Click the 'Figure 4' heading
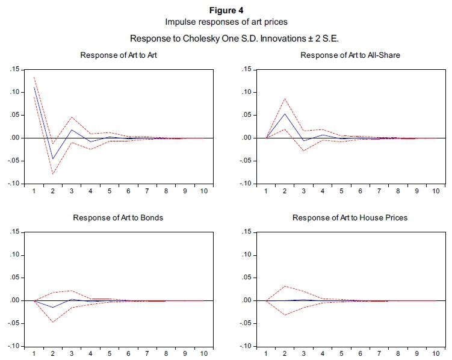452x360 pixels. click(x=226, y=11)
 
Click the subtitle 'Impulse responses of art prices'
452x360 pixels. click(x=226, y=22)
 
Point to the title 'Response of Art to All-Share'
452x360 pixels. click(x=350, y=55)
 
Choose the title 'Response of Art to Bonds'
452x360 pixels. click(x=118, y=217)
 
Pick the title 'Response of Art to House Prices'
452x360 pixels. click(x=350, y=217)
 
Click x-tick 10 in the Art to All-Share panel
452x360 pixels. click(x=435, y=191)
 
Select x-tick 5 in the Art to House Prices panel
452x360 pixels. click(x=342, y=354)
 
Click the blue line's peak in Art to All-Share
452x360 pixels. click(x=285, y=114)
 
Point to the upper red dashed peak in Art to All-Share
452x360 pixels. click(x=285, y=98)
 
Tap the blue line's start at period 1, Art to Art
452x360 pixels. click(x=34, y=88)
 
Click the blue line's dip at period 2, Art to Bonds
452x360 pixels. click(x=53, y=308)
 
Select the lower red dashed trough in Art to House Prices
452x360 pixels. click(x=285, y=315)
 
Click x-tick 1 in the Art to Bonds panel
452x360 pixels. click(x=34, y=354)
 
